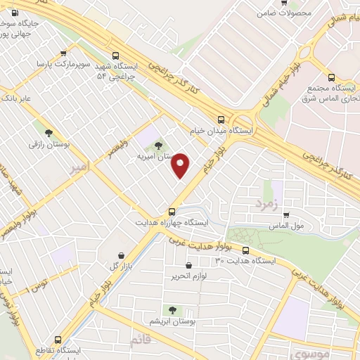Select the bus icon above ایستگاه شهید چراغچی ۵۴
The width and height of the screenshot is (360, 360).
click(x=115, y=54)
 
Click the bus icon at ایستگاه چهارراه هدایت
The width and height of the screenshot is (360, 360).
click(x=172, y=211)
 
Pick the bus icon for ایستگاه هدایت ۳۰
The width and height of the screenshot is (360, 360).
click(x=245, y=250)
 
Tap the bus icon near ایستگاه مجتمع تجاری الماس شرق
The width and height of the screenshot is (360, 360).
click(x=331, y=78)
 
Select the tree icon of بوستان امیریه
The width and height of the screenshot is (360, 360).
click(x=159, y=145)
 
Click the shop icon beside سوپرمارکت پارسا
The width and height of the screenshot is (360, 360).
click(x=64, y=53)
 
